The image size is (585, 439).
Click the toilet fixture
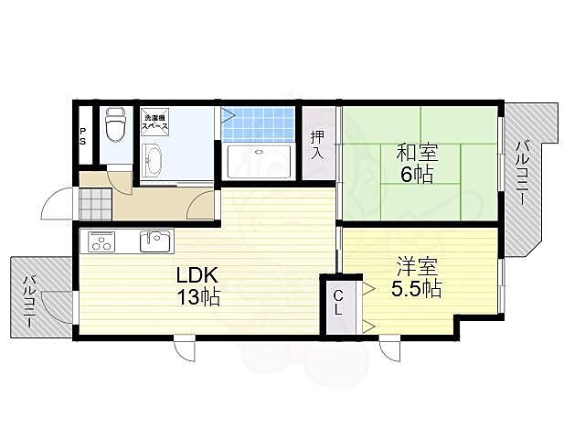(x=114, y=125)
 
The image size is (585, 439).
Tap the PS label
(x=82, y=136)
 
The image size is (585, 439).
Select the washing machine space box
(x=154, y=120)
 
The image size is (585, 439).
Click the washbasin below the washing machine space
(x=154, y=160)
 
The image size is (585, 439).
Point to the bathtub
(x=259, y=161)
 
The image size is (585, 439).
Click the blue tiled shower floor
(x=258, y=124)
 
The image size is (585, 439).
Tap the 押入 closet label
(x=318, y=145)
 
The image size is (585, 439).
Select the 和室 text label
(x=417, y=153)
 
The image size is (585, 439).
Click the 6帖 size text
(x=417, y=174)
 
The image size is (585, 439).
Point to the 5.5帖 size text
(x=417, y=288)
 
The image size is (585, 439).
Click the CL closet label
(x=338, y=303)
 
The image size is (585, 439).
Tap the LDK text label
(x=197, y=275)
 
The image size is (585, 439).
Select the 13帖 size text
(x=198, y=296)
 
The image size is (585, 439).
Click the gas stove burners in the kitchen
(x=101, y=241)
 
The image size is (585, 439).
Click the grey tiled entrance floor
(x=95, y=204)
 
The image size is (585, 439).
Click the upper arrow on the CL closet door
(x=368, y=288)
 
